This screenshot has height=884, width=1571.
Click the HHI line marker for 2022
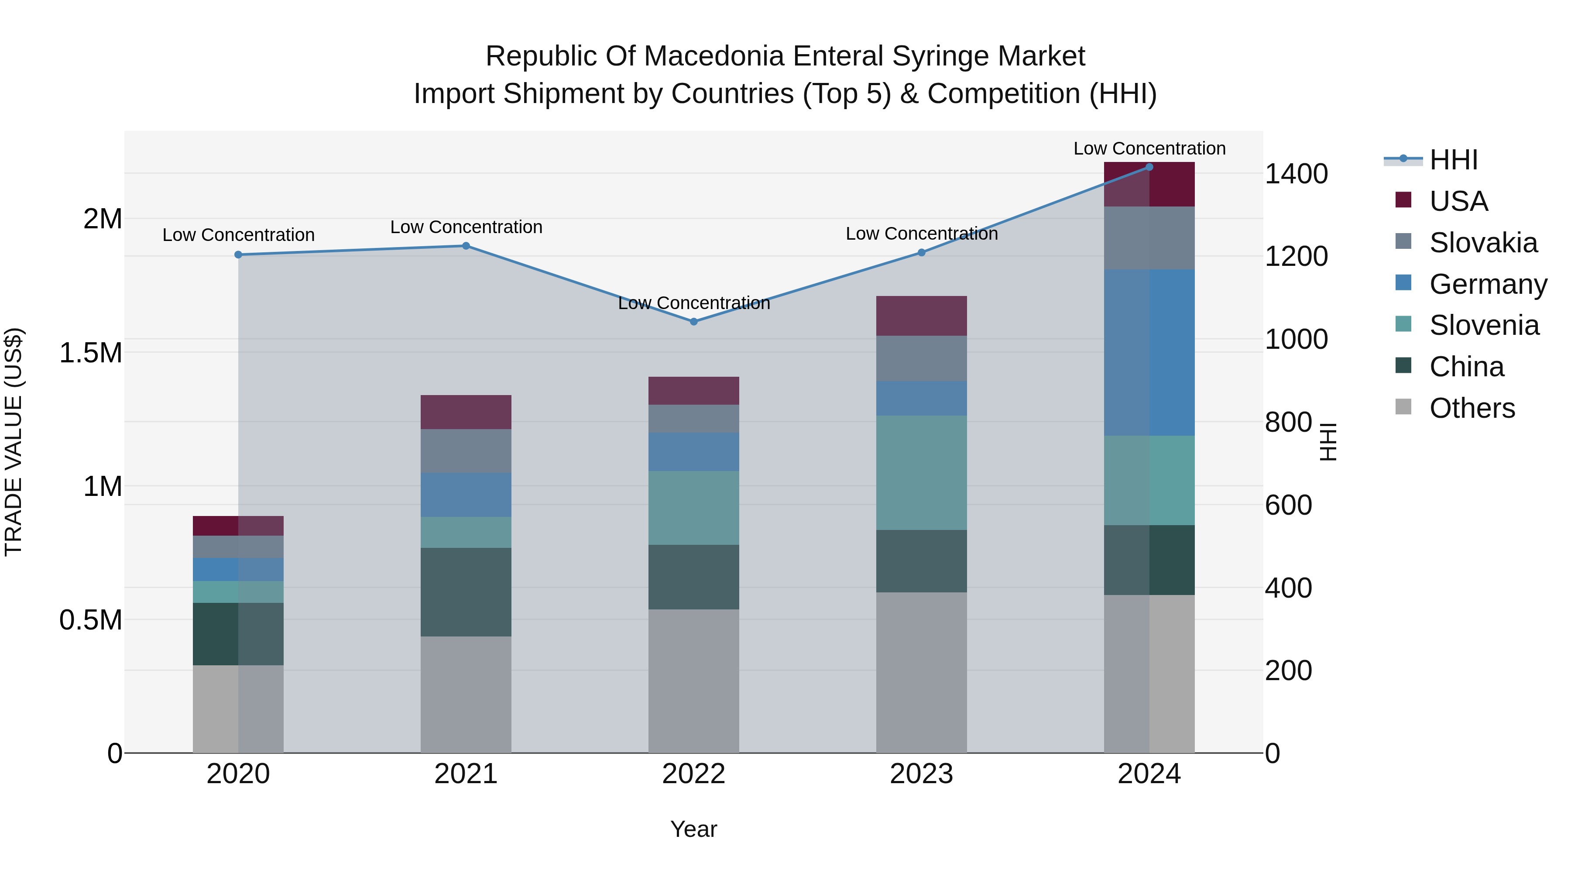click(x=693, y=321)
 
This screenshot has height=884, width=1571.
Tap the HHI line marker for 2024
click(x=1149, y=167)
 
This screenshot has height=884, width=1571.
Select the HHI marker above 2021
click(x=466, y=246)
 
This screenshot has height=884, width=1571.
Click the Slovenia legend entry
click(x=1483, y=325)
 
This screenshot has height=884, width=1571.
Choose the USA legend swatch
click(x=1403, y=200)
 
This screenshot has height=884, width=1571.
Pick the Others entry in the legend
click(x=1471, y=408)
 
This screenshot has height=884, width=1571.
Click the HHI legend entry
click(x=1453, y=160)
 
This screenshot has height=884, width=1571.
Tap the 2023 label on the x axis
click(x=921, y=774)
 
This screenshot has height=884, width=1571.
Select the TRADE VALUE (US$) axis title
click(x=14, y=442)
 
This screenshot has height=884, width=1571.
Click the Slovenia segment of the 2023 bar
click(x=921, y=473)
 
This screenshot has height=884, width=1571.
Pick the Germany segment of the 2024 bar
click(x=1149, y=353)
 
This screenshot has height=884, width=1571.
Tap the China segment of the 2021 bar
click(x=466, y=592)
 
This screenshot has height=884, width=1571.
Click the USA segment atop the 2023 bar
click(x=921, y=316)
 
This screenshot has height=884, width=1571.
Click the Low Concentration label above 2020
click(x=238, y=235)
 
